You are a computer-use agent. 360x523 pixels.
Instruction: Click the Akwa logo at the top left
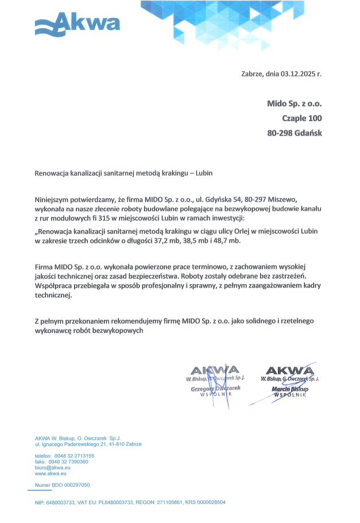[x=77, y=24]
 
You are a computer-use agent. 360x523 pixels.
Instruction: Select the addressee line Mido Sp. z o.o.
[x=294, y=104]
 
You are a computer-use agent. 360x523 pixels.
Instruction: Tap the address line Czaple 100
[x=302, y=118]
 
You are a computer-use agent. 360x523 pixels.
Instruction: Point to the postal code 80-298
[x=280, y=133]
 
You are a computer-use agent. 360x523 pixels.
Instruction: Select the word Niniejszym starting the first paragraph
[x=52, y=200]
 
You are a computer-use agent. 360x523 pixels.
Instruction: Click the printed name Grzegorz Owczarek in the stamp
[x=215, y=389]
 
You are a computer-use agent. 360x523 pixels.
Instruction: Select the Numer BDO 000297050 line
[x=62, y=485]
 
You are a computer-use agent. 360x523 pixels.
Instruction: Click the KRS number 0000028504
[x=211, y=502]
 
